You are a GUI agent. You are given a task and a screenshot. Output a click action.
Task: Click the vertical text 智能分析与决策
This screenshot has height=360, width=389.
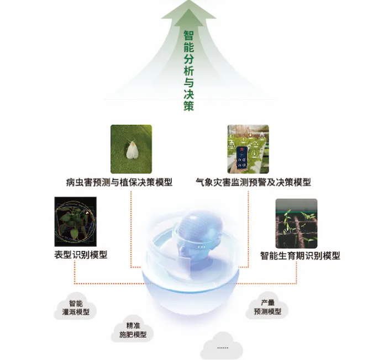[188, 71]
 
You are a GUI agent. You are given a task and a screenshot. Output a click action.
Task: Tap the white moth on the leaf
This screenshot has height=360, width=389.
[132, 150]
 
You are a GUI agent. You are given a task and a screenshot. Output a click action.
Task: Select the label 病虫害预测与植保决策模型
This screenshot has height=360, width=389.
[119, 182]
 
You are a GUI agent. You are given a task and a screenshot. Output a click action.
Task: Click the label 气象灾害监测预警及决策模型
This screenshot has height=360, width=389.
[253, 182]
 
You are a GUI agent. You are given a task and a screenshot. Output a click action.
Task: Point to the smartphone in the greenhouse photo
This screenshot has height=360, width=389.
[242, 158]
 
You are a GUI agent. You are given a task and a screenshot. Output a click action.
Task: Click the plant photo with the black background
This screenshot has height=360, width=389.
[75, 221]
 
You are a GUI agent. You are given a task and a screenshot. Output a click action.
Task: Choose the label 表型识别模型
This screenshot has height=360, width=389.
[81, 255]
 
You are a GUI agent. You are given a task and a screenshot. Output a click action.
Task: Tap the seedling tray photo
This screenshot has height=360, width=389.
[296, 224]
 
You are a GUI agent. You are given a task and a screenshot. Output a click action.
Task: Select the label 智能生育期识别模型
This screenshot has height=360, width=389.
[300, 256]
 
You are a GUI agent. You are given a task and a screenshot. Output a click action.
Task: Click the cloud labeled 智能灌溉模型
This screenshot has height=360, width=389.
[75, 307]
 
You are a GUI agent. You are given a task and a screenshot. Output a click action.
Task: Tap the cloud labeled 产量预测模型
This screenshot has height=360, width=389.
[267, 306]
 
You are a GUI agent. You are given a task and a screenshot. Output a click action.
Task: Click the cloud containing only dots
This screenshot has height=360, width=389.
[222, 346]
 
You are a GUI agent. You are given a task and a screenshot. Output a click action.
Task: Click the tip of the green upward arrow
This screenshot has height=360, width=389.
[189, 1]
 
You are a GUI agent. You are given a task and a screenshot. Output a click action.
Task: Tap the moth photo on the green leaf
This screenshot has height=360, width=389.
[132, 149]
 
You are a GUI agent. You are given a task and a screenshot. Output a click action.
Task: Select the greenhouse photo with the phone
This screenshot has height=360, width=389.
[248, 149]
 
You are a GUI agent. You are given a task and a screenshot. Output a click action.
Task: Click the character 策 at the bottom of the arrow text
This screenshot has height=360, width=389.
[188, 106]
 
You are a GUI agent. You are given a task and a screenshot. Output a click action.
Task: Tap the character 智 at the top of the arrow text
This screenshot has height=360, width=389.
[188, 35]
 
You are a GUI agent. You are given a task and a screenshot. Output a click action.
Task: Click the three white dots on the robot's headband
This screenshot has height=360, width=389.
[202, 247]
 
